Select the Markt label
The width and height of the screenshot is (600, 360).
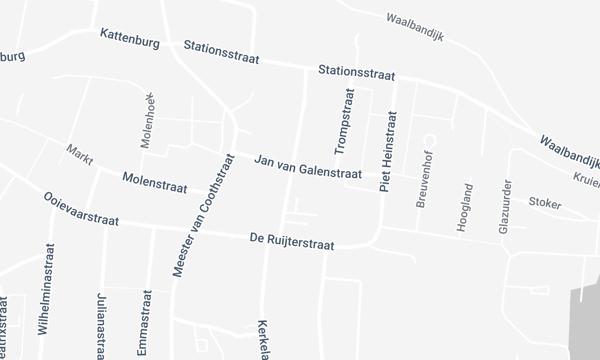79,155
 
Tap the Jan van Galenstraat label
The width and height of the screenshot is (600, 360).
308,165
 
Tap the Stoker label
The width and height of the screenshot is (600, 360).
545,202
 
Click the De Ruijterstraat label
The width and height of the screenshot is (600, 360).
290,240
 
